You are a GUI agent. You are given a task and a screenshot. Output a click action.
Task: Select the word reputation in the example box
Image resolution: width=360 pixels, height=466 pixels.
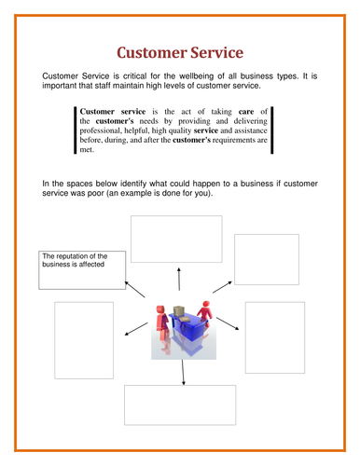coord(78,255)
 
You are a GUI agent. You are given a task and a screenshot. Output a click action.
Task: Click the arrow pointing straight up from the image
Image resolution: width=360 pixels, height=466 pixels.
coord(178,279)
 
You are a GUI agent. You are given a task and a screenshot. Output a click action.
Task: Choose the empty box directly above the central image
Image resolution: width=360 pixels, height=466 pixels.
coord(175,239)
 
